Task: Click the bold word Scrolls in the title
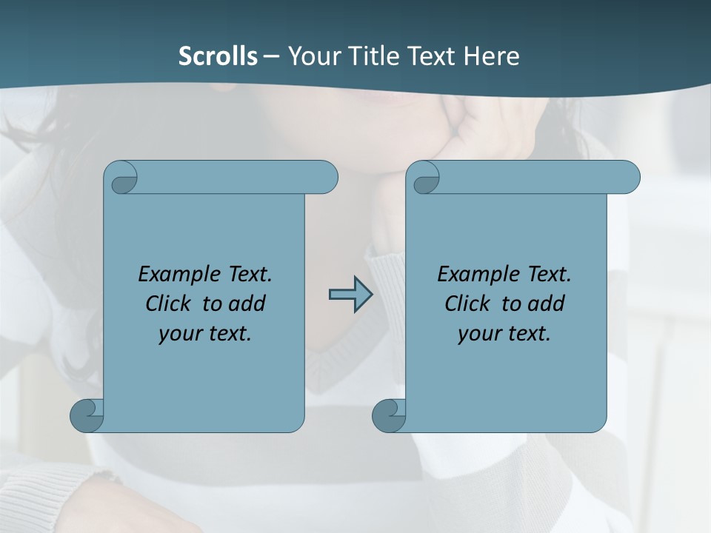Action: pos(218,56)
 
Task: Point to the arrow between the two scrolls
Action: pos(350,295)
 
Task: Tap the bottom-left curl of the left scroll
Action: pos(86,415)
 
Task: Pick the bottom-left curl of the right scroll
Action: pos(388,415)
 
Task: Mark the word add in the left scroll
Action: pos(248,304)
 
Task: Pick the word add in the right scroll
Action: pos(547,304)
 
